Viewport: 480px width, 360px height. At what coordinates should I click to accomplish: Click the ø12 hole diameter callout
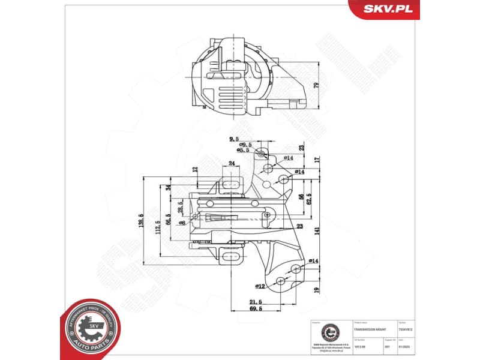(260, 286)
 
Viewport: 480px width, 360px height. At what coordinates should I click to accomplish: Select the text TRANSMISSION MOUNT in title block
(371, 330)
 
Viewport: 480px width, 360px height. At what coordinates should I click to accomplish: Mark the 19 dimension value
(316, 289)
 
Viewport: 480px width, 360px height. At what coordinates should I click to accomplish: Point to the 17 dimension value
(316, 161)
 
